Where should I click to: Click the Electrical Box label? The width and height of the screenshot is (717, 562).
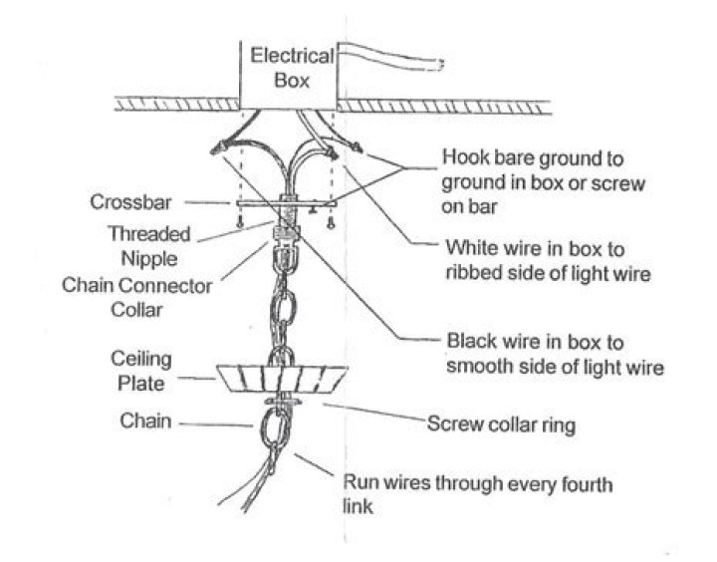point(292,68)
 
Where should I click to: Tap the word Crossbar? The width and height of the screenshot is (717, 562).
point(130,202)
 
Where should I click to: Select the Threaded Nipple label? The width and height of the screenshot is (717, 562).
point(149,246)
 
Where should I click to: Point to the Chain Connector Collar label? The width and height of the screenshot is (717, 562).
point(136,298)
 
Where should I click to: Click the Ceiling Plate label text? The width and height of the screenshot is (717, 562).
point(140,371)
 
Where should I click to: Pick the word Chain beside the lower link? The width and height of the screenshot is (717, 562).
point(145,421)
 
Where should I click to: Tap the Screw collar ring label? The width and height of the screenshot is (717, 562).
point(501,425)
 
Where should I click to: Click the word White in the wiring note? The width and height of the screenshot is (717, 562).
point(471,248)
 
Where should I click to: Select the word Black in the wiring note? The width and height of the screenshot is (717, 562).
point(471,341)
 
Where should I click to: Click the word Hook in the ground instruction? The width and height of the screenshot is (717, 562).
point(464,157)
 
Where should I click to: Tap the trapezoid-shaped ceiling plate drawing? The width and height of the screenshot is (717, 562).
point(282,379)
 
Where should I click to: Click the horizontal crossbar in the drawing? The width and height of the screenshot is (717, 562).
point(286,202)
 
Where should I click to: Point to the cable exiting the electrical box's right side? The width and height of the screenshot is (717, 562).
point(388,57)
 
